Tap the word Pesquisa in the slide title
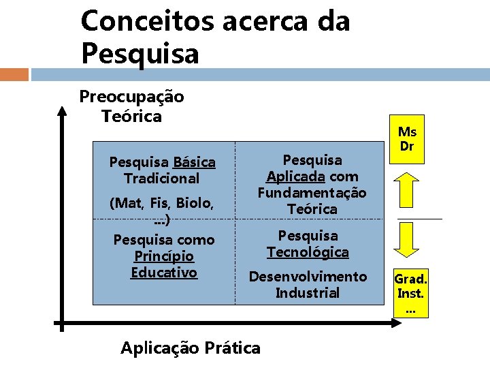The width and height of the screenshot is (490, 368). [140, 53]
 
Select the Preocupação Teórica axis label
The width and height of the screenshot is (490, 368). [131, 106]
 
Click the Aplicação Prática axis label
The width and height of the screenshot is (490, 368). [190, 348]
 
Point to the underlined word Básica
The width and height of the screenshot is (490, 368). [194, 162]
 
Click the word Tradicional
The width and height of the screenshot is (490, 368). [162, 179]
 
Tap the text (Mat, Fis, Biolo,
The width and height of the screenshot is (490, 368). [162, 203]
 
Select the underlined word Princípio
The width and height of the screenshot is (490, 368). [163, 256]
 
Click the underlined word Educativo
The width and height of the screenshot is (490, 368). [163, 273]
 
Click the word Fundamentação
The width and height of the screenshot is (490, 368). [312, 193]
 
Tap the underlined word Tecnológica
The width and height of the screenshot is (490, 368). [308, 252]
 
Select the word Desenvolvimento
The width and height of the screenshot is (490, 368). [308, 277]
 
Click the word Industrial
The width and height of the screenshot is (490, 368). [308, 293]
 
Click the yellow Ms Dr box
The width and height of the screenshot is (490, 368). [407, 139]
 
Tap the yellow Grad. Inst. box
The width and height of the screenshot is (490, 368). [410, 294]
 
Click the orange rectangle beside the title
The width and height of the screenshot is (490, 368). [14, 74]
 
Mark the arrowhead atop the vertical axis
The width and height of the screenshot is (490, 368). [62, 110]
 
